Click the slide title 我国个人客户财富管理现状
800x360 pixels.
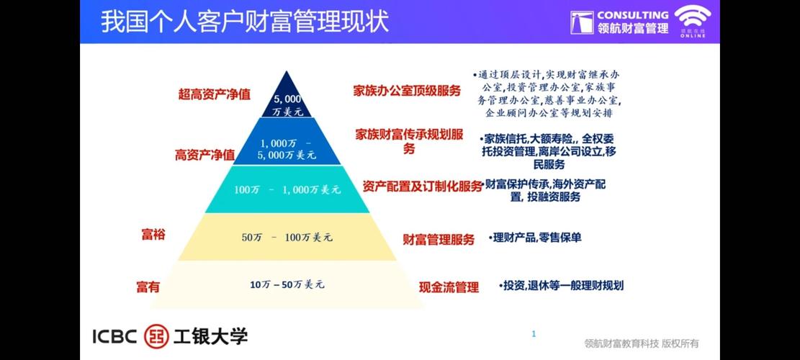(245, 21)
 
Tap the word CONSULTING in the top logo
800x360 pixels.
(632, 14)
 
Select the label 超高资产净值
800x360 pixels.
(215, 94)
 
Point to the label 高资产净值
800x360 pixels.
(205, 154)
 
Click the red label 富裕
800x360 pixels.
(153, 234)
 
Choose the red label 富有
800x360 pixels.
(148, 287)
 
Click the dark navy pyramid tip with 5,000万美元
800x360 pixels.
(287, 104)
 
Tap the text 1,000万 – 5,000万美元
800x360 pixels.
(287, 148)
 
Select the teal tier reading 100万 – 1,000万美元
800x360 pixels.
(287, 189)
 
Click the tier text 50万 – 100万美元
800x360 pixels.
(287, 236)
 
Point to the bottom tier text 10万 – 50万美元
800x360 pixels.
(287, 284)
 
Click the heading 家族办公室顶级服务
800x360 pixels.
(407, 91)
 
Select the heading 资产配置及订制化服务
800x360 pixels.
(423, 186)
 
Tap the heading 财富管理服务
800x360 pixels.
(439, 240)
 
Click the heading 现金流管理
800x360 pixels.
(449, 287)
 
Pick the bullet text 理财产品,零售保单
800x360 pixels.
(536, 237)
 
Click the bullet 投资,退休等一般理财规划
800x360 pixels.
(562, 285)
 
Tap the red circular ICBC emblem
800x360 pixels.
(156, 336)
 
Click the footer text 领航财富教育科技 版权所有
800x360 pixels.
(642, 343)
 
